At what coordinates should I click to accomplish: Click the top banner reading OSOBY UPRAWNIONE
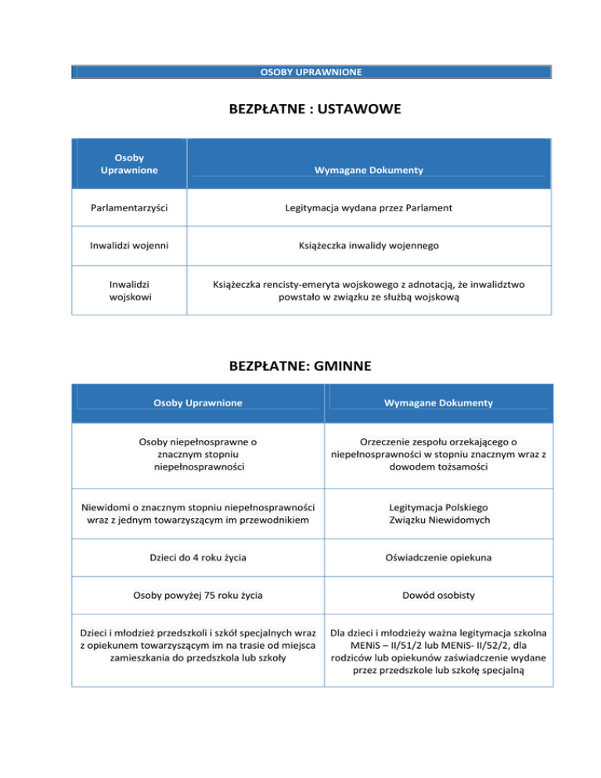[311, 72]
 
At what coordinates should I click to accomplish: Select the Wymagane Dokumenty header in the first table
[369, 170]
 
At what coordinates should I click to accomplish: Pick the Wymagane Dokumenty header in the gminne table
[438, 403]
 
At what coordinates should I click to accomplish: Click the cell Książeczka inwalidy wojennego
[369, 246]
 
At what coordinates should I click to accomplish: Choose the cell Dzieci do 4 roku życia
[197, 559]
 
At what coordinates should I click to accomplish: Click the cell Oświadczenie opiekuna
[438, 559]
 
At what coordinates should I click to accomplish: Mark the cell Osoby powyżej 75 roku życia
[197, 596]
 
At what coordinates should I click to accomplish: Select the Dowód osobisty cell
[438, 596]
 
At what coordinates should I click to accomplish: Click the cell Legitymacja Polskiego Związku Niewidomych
[438, 513]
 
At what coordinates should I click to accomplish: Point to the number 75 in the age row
[204, 596]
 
